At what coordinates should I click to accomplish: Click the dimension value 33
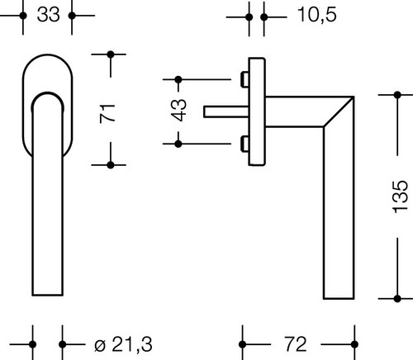48,15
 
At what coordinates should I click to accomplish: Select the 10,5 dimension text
317,15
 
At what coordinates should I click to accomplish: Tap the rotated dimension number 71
107,113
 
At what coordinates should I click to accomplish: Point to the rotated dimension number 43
178,110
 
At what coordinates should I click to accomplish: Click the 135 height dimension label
400,197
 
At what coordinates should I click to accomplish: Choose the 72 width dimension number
296,344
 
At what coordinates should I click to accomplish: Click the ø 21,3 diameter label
123,344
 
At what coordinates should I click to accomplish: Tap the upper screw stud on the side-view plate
244,79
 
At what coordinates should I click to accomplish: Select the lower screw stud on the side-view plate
244,144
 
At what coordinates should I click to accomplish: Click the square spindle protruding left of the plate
226,111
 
